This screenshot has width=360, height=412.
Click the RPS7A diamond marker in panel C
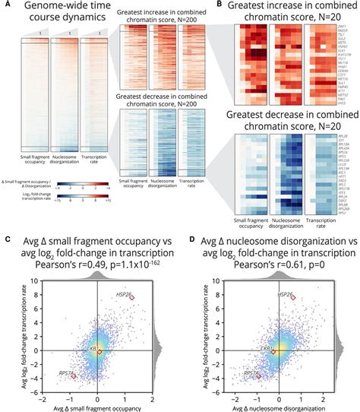[74, 376]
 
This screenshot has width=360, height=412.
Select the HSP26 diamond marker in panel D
[312, 298]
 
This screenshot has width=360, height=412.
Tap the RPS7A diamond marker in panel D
[259, 376]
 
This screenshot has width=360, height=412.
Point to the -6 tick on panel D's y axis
[215, 392]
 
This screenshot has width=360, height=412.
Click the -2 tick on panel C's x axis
[43, 399]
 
